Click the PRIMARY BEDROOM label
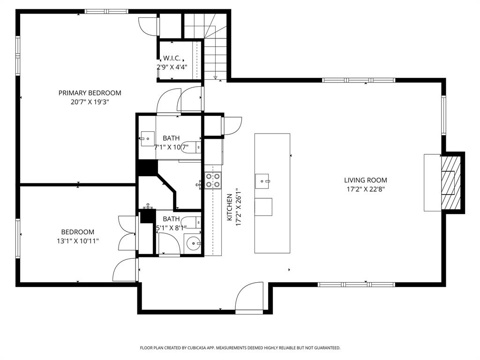[90, 93]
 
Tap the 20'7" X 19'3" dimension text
[90, 101]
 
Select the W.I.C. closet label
[172, 58]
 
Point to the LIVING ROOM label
[366, 180]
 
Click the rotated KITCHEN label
[230, 208]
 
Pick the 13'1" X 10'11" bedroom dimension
[78, 240]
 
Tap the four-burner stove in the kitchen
[213, 180]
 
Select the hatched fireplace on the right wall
[452, 183]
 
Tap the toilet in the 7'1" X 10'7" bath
[192, 146]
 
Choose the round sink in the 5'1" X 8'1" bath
[193, 244]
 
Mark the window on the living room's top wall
[359, 80]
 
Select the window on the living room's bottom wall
[356, 284]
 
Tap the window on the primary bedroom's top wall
[106, 11]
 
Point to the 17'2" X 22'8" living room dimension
[366, 189]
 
